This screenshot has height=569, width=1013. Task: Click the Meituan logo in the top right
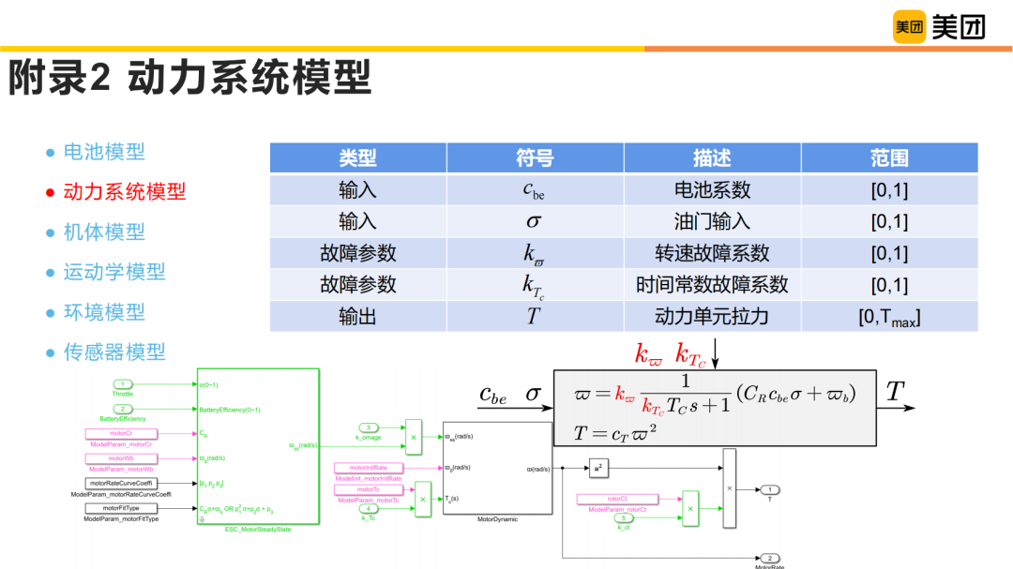pos(938,28)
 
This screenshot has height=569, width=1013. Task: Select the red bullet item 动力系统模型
pos(124,192)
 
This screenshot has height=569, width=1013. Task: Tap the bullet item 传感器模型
pos(113,352)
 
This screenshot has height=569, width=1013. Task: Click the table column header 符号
pos(535,157)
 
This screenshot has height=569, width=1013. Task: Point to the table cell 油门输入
pos(712,221)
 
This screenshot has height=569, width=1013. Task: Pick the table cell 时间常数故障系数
pos(712,285)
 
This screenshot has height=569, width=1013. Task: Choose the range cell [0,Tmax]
pos(888,317)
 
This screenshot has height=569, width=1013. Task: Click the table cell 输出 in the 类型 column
pos(357,317)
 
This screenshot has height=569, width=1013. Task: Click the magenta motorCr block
pos(121,434)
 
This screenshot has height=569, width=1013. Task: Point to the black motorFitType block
pos(121,507)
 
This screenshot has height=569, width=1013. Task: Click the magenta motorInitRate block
pos(374,467)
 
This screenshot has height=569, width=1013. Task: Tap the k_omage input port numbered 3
pos(370,427)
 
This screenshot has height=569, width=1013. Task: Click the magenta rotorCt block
pos(616,499)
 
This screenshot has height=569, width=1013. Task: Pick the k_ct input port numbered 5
pos(623,517)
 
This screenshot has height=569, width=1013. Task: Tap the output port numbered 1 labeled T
pos(769,489)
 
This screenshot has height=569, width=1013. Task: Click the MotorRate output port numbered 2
pos(769,558)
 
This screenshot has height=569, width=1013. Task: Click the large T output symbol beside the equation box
pos(896,392)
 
